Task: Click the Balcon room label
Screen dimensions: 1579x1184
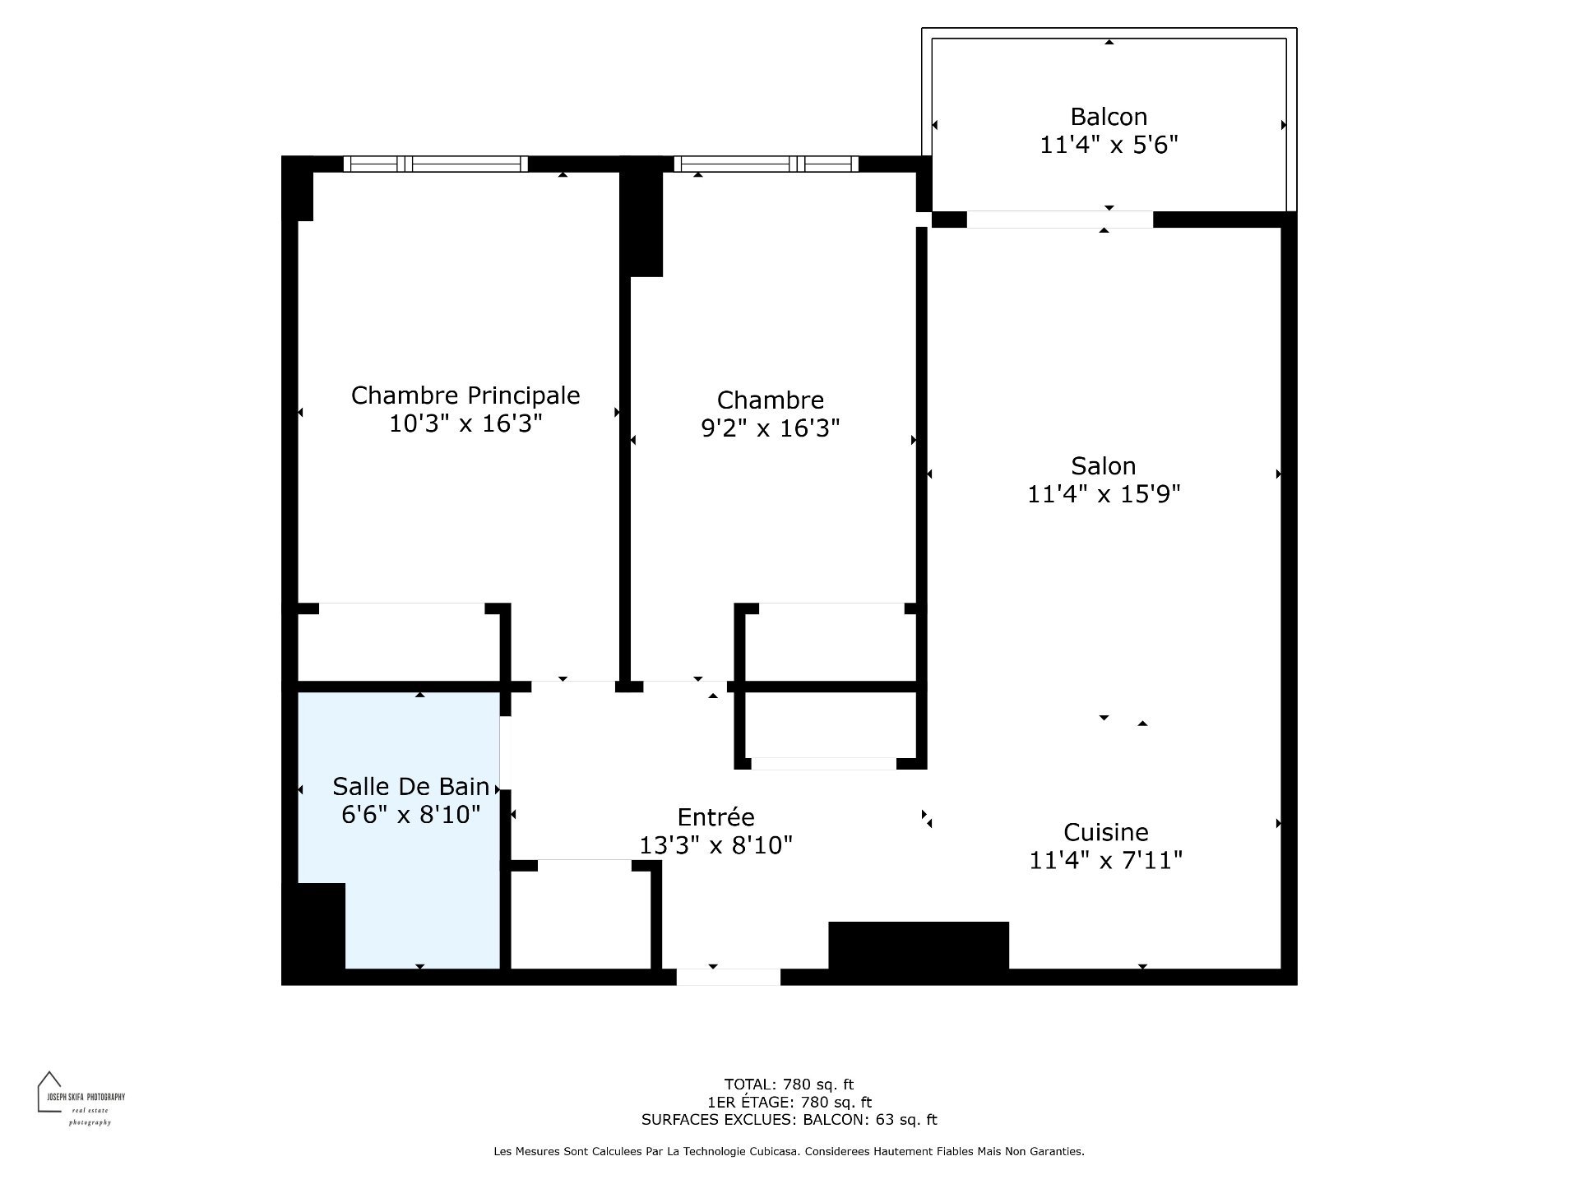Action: point(1109,117)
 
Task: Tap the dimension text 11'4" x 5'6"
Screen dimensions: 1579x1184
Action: point(1109,145)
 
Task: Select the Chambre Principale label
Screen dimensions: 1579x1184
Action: point(465,395)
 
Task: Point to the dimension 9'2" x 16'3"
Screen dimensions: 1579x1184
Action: point(770,428)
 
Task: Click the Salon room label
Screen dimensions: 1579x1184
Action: point(1104,466)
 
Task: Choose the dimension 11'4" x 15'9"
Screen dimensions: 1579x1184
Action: point(1104,494)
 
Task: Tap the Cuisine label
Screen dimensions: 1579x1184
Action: point(1106,832)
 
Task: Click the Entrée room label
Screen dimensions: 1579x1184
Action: point(715,817)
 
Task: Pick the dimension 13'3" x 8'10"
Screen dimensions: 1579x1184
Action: point(715,845)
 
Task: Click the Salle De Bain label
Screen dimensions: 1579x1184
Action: point(411,787)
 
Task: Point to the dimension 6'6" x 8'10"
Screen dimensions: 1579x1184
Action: point(411,815)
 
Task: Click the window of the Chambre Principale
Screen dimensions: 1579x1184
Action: point(436,164)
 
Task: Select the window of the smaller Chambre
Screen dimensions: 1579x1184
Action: point(766,164)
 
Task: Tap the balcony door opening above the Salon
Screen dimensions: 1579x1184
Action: point(1059,220)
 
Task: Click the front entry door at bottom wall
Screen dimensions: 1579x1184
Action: point(729,977)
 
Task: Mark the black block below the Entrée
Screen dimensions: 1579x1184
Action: point(919,946)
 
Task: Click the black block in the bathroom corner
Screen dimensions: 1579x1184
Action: point(313,927)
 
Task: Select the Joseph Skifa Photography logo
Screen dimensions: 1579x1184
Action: point(81,1098)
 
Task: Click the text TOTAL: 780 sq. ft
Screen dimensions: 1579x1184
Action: point(789,1085)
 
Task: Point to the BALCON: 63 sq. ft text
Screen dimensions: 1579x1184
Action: point(870,1120)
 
